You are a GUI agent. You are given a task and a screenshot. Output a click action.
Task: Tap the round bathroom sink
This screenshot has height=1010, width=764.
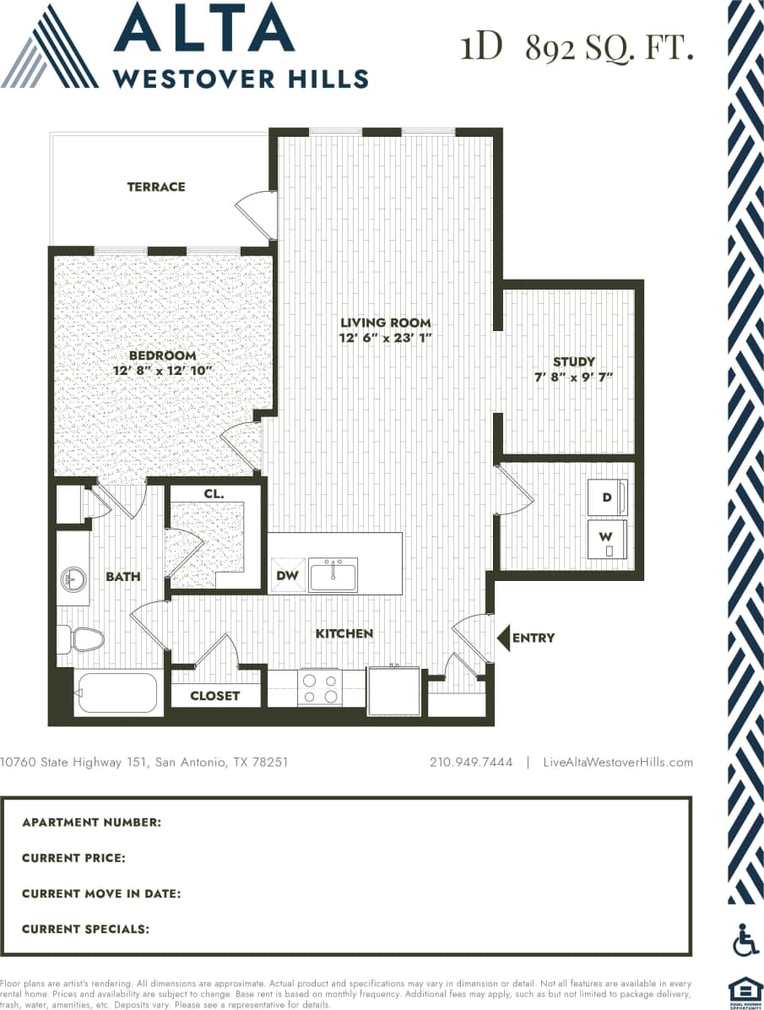pos(71,579)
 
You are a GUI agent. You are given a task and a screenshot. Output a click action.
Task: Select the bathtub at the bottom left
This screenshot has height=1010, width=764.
pos(116,693)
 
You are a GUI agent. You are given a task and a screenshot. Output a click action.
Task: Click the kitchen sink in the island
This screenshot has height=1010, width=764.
pos(333,574)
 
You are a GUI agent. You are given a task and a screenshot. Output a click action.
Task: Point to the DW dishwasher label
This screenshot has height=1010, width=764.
pos(286,576)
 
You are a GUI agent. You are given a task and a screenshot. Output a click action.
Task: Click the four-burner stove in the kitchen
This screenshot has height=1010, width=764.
pos(318,687)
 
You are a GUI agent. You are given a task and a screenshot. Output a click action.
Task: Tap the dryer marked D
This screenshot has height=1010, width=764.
pos(608,498)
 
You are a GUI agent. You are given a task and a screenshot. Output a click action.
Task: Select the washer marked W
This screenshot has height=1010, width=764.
pos(608,539)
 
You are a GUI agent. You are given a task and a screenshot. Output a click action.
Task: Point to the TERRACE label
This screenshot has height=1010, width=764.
pos(156,187)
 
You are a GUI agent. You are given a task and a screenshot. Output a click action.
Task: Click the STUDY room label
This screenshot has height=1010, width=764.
pos(574,361)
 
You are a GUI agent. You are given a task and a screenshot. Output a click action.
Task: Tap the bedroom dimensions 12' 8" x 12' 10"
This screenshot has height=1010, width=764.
pos(162,370)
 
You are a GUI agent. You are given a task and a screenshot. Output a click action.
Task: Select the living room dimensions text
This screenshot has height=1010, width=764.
pos(386,338)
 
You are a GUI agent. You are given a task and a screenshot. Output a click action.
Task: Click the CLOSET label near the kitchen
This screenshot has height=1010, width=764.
pos(214,696)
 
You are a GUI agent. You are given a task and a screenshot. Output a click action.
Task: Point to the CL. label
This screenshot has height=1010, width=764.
pos(213,494)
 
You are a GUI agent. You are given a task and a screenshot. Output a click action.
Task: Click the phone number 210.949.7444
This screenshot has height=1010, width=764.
pos(471,762)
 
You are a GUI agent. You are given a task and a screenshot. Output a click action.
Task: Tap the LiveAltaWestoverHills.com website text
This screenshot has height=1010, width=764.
pos(619,762)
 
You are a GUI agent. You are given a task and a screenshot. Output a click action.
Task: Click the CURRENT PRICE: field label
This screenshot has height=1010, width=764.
pos(74,858)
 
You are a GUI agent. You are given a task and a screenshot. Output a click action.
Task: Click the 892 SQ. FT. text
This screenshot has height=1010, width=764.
pos(609,49)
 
